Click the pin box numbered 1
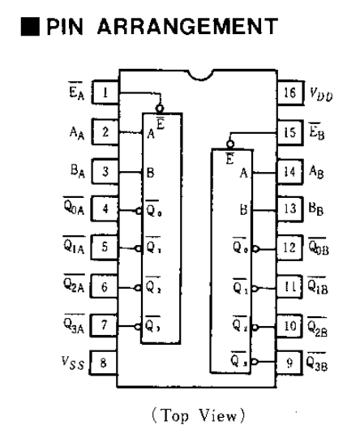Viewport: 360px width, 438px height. point(105,92)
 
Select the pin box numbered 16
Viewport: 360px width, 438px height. point(290,92)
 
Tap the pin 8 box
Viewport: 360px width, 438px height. point(103,363)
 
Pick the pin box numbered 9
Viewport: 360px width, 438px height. point(289,363)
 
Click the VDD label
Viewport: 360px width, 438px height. point(321,94)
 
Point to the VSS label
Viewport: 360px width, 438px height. point(73,363)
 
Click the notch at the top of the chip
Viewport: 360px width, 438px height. point(200,75)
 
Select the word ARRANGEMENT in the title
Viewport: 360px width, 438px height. point(187,27)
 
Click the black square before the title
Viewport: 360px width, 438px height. point(30,27)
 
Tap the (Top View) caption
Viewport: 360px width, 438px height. point(199,415)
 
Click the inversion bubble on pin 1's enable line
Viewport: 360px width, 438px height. point(160,109)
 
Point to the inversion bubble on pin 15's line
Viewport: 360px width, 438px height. point(230,144)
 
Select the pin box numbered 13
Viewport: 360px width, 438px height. point(289,208)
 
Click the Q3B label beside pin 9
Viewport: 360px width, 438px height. point(317,362)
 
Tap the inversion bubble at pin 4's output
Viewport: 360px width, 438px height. point(139,211)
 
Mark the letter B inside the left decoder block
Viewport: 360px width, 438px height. point(150,173)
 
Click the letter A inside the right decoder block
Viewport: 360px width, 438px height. point(244,173)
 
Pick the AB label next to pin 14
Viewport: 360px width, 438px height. point(316,171)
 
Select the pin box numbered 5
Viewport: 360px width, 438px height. point(104,247)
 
